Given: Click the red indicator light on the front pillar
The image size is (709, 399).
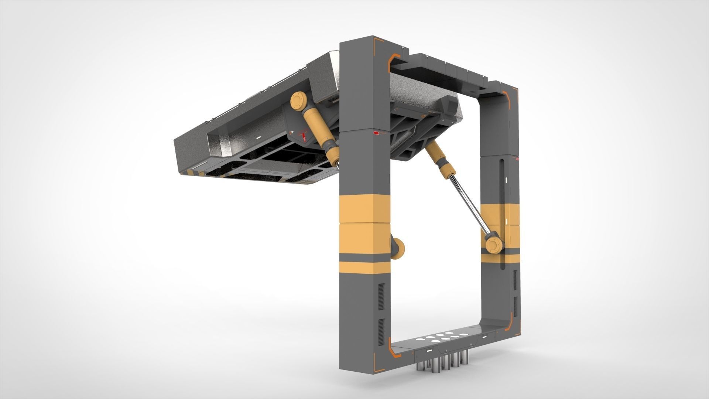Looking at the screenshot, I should click(377, 132).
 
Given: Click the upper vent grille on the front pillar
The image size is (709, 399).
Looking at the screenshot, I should click(381, 294).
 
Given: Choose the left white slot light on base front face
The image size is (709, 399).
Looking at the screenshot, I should click(431, 351).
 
